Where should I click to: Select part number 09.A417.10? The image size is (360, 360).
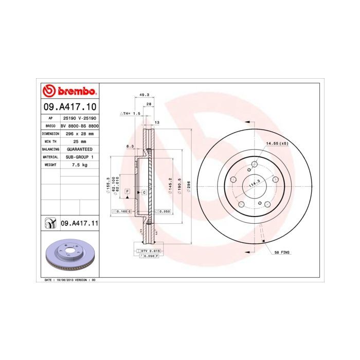pyautogui.click(x=69, y=107)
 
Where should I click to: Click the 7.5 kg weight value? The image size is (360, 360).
pyautogui.click(x=79, y=165)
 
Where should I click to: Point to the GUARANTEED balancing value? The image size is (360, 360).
pyautogui.click(x=79, y=149)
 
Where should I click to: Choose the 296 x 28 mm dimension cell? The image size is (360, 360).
pyautogui.click(x=79, y=133)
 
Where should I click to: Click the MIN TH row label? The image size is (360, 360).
pyautogui.click(x=50, y=141)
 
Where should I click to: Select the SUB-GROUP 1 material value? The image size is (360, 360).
pyautogui.click(x=79, y=157)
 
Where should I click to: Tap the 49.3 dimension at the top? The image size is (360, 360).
pyautogui.click(x=145, y=95)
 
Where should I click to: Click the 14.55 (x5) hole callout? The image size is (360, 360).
pyautogui.click(x=277, y=143)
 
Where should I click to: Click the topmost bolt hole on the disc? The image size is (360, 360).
pyautogui.click(x=254, y=165)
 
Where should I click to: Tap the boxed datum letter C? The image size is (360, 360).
pyautogui.click(x=144, y=192)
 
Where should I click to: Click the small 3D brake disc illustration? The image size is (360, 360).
pyautogui.click(x=69, y=255)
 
